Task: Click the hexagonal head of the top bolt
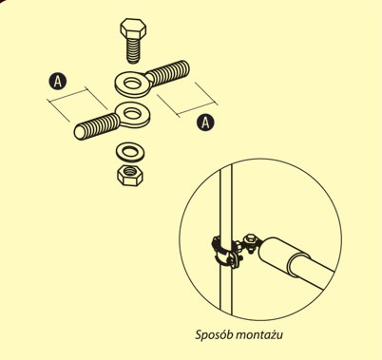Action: [133, 28]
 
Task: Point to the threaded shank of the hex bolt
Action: [133, 50]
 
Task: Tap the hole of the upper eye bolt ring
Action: [132, 84]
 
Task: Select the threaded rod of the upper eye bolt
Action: [169, 73]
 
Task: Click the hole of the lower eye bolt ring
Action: [133, 113]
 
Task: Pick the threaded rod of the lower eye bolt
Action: [96, 126]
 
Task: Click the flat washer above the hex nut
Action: [130, 152]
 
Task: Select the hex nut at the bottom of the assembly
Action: [130, 175]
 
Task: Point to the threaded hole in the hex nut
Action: [130, 171]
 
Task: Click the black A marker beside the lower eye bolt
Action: [58, 81]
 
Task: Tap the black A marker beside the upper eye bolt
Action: [205, 123]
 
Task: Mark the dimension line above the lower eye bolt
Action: [68, 95]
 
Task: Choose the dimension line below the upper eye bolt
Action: [197, 108]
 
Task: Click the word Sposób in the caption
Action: [213, 335]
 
